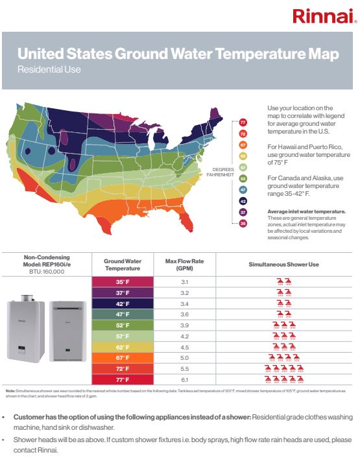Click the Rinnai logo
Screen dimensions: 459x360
point(324,16)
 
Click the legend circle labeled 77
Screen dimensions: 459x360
point(243,123)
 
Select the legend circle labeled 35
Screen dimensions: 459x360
point(243,223)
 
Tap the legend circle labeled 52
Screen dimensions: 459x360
point(243,178)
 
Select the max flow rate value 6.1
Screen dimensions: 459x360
point(184,379)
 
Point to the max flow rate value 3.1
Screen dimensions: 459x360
point(184,282)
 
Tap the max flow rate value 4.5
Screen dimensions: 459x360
point(184,347)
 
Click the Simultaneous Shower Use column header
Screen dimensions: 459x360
point(283,265)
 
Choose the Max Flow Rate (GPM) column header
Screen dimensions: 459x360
point(184,265)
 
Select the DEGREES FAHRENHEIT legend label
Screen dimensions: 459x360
point(220,172)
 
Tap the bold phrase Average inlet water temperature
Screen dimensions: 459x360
point(306,211)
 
